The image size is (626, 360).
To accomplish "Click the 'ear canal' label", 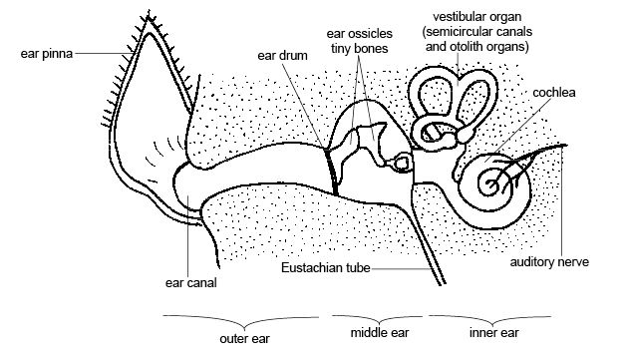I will click(x=190, y=282).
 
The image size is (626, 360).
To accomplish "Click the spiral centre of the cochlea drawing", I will click(x=491, y=183).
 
